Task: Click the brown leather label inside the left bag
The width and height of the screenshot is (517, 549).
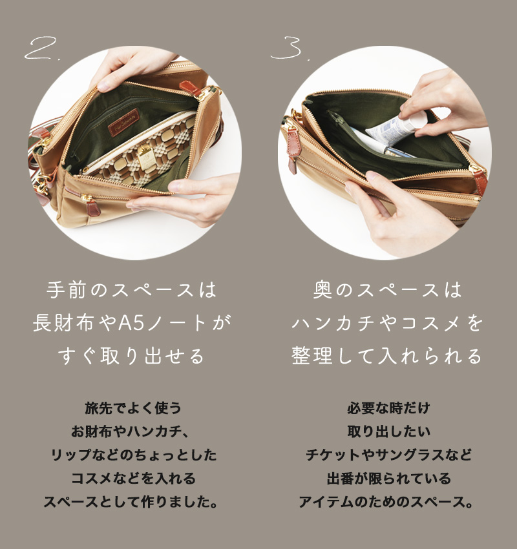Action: (x=123, y=123)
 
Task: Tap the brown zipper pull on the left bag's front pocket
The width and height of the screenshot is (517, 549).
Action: (x=93, y=208)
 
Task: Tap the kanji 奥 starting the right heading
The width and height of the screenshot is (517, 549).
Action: (x=322, y=290)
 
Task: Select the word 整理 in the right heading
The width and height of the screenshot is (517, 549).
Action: (x=311, y=356)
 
